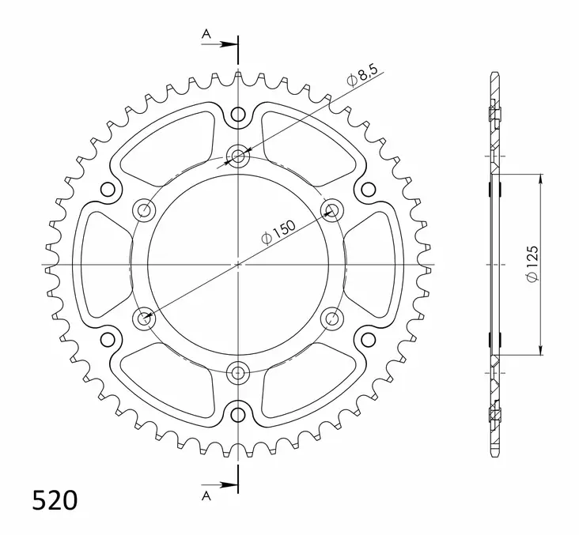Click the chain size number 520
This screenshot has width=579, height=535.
tap(55, 500)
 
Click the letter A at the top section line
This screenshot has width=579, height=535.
tap(206, 33)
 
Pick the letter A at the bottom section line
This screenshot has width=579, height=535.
tap(206, 495)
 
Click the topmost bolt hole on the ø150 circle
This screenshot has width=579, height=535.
tap(238, 156)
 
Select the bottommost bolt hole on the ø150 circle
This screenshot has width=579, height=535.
tap(238, 371)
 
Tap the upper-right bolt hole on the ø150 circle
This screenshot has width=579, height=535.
tap(331, 209)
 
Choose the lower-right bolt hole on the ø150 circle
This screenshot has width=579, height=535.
tap(331, 318)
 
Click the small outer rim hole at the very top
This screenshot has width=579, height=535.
tap(238, 115)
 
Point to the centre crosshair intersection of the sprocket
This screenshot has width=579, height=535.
tap(238, 264)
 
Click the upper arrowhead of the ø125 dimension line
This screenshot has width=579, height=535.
tap(541, 179)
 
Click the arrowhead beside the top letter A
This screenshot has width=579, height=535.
tap(232, 43)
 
